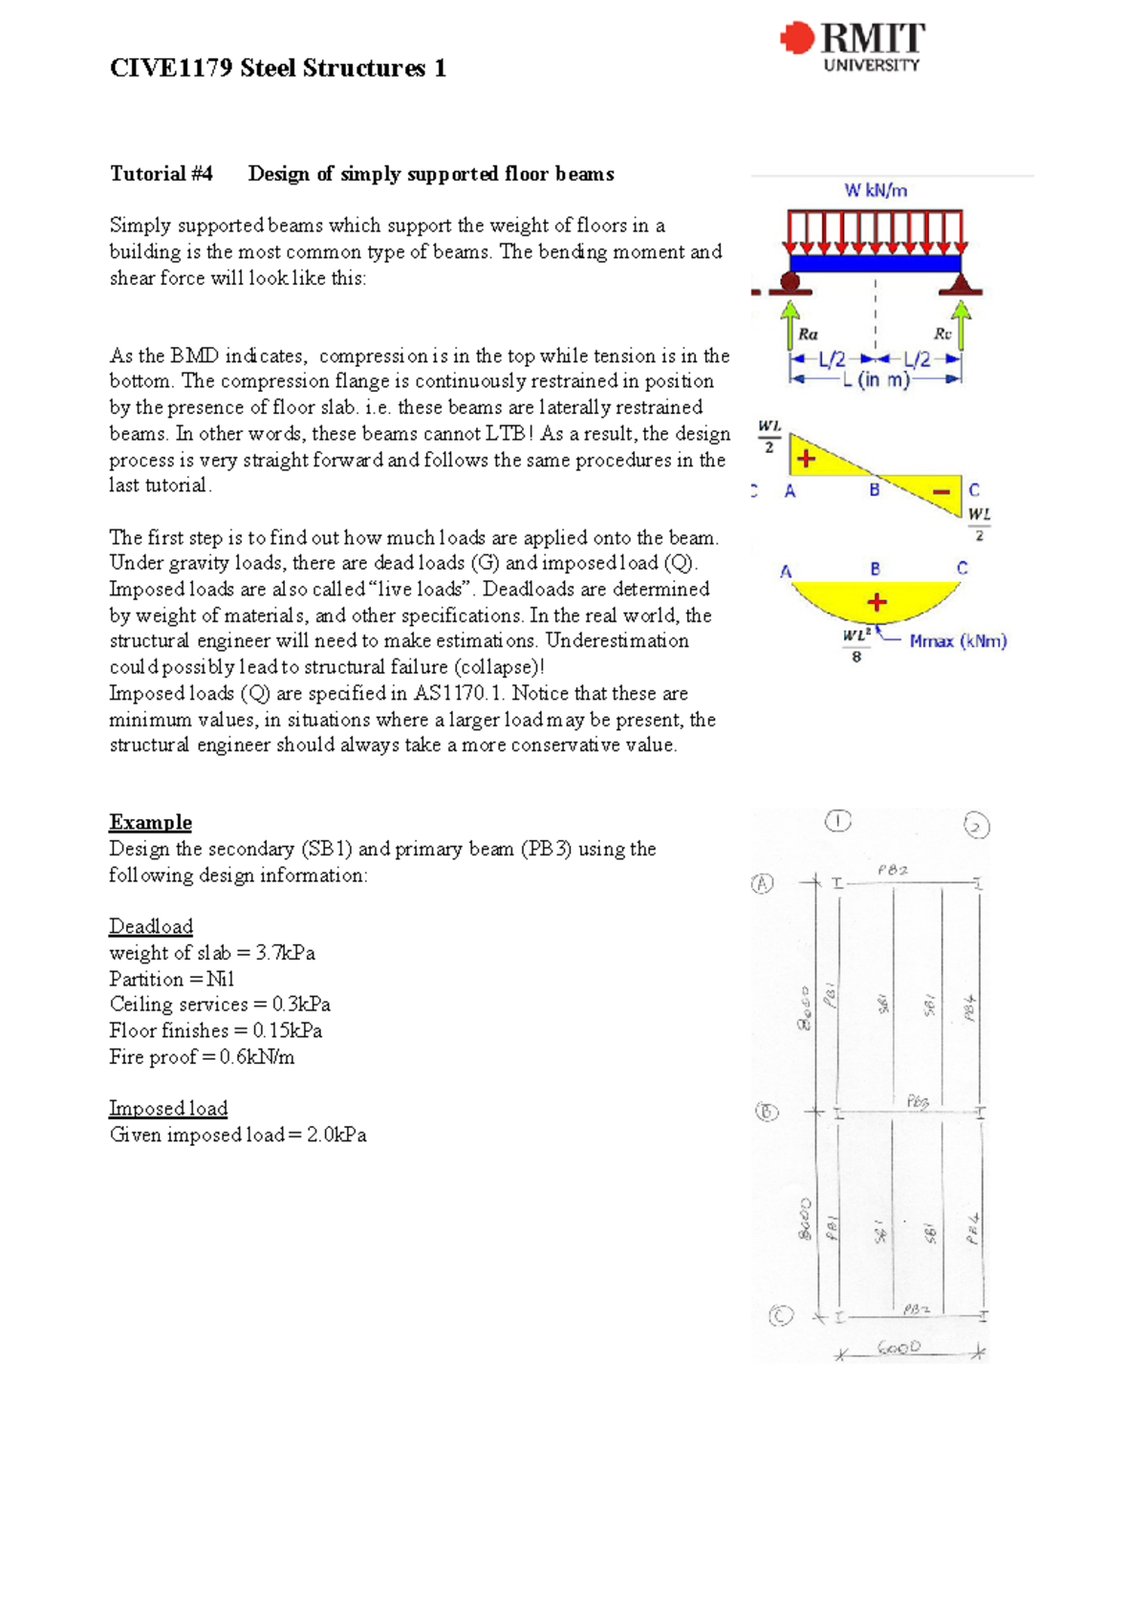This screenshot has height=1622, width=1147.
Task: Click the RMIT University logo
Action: (x=853, y=47)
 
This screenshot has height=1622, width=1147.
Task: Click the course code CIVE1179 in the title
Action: (x=170, y=68)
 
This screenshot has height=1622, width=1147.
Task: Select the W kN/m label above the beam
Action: (x=875, y=190)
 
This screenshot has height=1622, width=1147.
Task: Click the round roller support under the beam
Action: (x=790, y=282)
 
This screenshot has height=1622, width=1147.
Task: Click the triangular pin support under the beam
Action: (x=961, y=283)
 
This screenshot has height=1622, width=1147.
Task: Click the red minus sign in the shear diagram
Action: (x=941, y=492)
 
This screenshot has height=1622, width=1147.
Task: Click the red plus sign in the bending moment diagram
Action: (x=876, y=602)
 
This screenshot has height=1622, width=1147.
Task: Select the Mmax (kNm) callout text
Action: (x=958, y=641)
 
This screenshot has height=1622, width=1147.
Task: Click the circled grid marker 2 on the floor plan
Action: (x=976, y=826)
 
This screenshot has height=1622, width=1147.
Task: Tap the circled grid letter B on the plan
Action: (x=767, y=1112)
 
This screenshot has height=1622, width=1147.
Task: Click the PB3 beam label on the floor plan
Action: (x=917, y=1102)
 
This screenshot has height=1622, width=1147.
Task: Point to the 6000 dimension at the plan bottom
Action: (x=898, y=1348)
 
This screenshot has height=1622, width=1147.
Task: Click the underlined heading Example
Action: (x=150, y=823)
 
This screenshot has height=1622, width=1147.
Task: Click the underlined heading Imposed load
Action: (x=168, y=1109)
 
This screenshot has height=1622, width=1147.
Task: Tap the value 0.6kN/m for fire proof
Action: (x=256, y=1057)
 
